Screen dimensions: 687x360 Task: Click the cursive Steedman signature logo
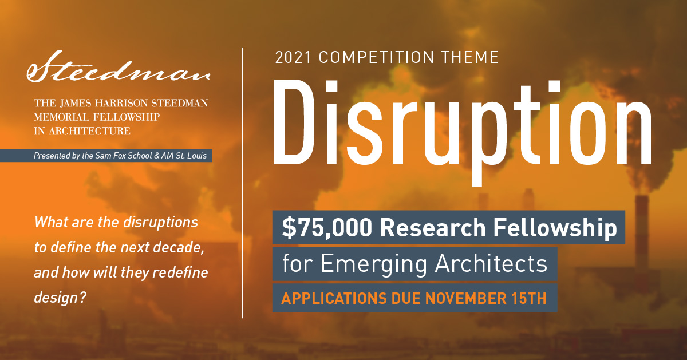tap(119, 67)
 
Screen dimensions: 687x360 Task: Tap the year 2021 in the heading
tap(293, 58)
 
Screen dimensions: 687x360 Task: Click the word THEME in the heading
tap(470, 58)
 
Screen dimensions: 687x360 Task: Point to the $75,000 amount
tap(327, 228)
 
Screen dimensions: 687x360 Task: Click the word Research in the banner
tap(433, 228)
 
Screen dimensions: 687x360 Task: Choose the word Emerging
tap(374, 264)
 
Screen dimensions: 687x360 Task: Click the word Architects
tap(491, 263)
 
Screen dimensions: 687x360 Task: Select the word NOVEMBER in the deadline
tap(466, 298)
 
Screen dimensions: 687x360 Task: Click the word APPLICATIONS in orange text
tap(334, 298)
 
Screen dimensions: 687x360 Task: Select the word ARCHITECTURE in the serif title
tap(89, 131)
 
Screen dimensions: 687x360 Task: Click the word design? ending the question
tap(60, 298)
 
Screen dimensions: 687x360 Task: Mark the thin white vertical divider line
tap(243, 183)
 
